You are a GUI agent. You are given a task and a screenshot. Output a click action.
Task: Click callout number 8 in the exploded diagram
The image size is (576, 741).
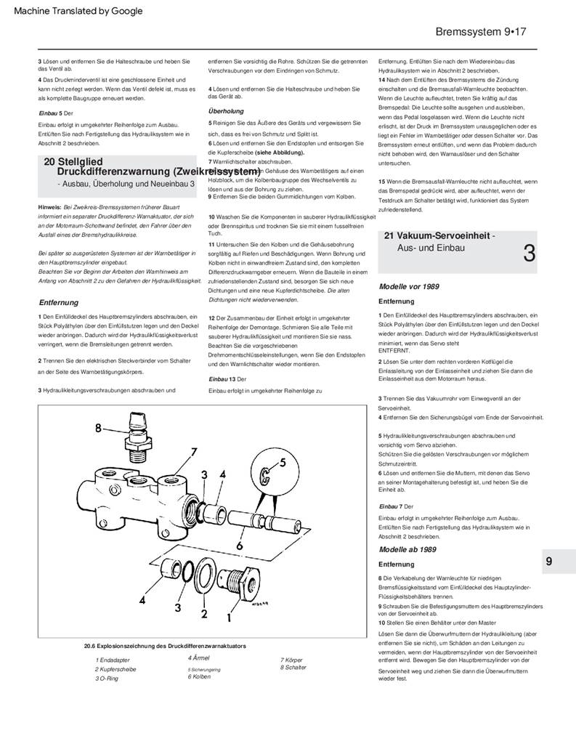click(x=99, y=428)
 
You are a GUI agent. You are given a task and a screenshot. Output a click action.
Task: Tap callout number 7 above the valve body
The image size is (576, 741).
click(x=194, y=452)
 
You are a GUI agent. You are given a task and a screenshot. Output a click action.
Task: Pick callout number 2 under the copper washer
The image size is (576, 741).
click(x=204, y=613)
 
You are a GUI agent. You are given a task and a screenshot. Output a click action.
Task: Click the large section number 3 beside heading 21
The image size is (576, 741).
click(x=529, y=254)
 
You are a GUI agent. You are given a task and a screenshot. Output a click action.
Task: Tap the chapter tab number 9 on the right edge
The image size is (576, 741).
click(x=549, y=561)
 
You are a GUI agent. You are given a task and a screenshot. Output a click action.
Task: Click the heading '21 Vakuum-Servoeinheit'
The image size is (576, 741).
click(x=439, y=236)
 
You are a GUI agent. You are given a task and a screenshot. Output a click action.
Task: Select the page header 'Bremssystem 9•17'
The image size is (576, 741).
click(x=480, y=32)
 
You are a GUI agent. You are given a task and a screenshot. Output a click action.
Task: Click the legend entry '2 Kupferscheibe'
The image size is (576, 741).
click(x=115, y=669)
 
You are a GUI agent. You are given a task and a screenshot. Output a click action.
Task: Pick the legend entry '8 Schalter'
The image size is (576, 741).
click(x=293, y=667)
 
